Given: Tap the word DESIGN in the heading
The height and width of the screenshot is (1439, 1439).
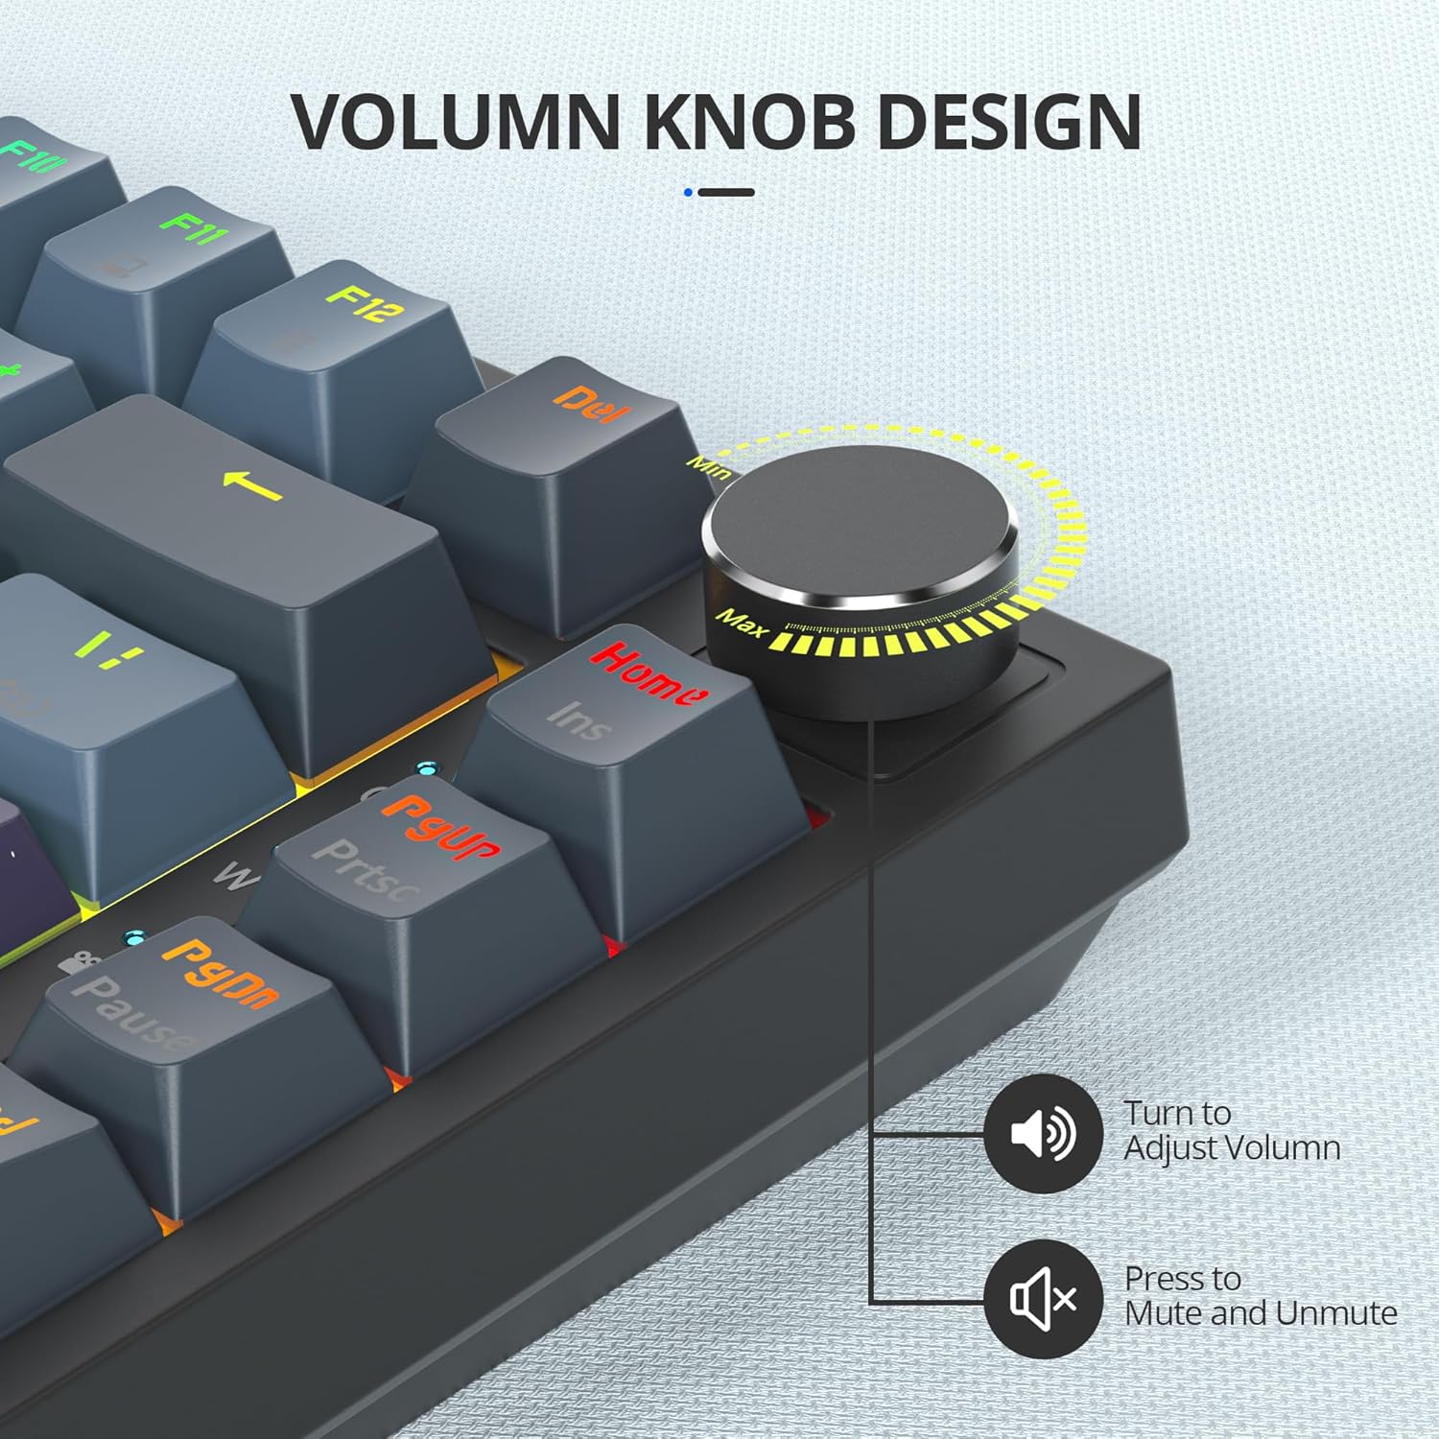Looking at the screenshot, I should point(1009,122).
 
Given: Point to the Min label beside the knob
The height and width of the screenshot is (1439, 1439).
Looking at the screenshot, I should point(710,467).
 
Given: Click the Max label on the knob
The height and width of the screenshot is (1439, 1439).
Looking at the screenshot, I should point(743,624).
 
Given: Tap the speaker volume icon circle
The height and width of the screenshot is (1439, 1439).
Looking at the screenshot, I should point(1043,1134).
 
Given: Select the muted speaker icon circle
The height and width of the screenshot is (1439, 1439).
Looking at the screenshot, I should point(1043,1299).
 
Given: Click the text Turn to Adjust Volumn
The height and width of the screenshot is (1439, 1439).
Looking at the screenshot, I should point(1231,1131).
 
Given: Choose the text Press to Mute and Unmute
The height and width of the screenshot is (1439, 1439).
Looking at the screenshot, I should point(1260,1296).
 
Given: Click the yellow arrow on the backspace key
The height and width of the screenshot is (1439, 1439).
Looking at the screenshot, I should point(252,485).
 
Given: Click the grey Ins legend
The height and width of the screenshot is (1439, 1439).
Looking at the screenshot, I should point(579,719).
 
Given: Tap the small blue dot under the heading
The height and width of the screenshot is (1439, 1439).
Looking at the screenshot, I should point(688,193).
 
